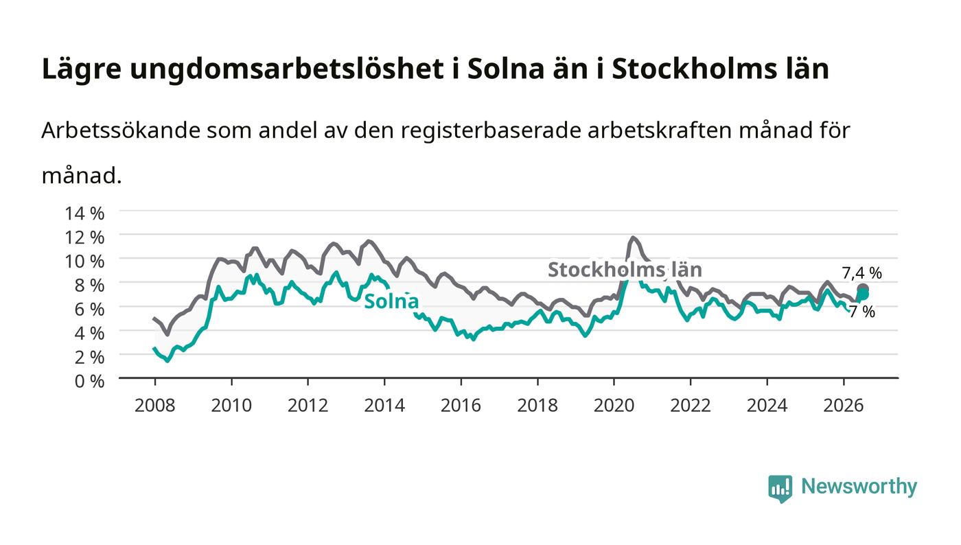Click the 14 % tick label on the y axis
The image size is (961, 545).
click(84, 213)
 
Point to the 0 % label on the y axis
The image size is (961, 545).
click(89, 381)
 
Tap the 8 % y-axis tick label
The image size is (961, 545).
click(89, 285)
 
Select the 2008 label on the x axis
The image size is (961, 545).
click(155, 406)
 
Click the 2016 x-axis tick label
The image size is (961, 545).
click(461, 406)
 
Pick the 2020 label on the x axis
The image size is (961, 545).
click(614, 406)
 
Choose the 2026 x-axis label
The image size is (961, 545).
click(844, 406)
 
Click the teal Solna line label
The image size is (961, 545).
click(391, 301)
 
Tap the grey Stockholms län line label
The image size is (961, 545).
click(625, 270)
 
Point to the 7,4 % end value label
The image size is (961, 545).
click(862, 273)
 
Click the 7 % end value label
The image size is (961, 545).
click(862, 312)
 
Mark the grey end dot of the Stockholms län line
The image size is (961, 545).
click(863, 289)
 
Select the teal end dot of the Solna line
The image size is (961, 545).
click(864, 295)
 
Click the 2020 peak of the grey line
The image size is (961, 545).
click(633, 237)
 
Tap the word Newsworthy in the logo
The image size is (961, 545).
click(859, 487)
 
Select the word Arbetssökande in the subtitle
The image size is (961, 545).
click(121, 130)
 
